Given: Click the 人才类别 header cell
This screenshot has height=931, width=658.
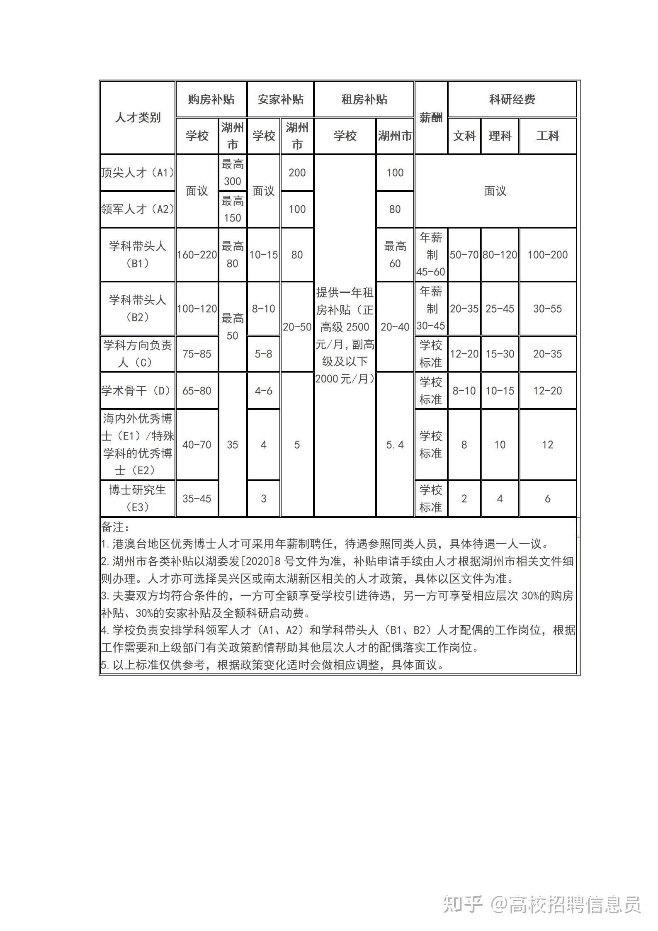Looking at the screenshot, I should click(x=137, y=118).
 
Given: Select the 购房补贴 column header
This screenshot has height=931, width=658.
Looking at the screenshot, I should click(x=211, y=100).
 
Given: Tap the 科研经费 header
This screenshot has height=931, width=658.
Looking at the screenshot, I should click(x=512, y=100).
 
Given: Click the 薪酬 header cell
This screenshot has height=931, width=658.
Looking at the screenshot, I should click(x=431, y=118).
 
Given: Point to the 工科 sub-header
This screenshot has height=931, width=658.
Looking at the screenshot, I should click(x=547, y=136).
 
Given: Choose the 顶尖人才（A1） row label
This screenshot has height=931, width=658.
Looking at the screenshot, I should click(x=137, y=173).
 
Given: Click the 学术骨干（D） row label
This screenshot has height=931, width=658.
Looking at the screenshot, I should click(x=137, y=391).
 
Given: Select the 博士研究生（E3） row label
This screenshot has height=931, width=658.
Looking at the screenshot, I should click(x=137, y=498).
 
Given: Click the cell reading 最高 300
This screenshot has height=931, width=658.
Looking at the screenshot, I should click(x=232, y=173).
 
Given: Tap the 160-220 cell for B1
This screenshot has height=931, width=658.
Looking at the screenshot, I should click(x=197, y=255).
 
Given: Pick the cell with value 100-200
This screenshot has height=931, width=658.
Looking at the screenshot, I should click(x=547, y=255).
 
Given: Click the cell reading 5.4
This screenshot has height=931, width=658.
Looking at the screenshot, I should click(x=395, y=445).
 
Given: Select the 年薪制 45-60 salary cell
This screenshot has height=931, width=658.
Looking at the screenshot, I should click(x=431, y=255).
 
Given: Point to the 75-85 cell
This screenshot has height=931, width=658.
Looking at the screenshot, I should click(x=197, y=354).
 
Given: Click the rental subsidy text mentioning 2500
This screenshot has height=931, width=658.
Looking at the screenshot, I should click(x=345, y=327).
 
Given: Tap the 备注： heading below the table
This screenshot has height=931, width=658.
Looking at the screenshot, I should click(x=115, y=527).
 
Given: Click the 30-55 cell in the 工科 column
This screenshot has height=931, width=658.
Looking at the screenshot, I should click(x=547, y=309).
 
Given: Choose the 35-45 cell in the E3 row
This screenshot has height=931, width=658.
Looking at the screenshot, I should click(x=197, y=498).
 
